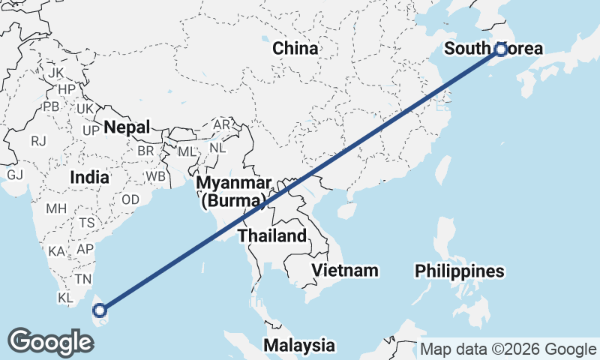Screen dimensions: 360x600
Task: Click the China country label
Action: click(295, 49)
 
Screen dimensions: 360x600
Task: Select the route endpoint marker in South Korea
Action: click(501, 49)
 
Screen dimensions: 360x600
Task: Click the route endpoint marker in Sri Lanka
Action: click(100, 309)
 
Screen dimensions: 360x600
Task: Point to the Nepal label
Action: click(127, 127)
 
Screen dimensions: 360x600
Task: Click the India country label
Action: click(90, 178)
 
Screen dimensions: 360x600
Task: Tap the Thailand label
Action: click(272, 235)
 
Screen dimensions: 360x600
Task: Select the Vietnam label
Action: click(345, 269)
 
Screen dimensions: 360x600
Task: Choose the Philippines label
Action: click(458, 270)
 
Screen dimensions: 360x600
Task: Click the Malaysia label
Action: click(298, 345)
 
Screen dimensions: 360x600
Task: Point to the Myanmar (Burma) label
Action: click(234, 192)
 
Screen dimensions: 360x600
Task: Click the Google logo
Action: click(49, 342)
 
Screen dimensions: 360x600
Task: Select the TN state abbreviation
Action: click(82, 278)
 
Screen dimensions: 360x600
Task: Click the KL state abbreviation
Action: click(66, 298)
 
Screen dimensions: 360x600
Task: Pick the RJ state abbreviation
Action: click(39, 140)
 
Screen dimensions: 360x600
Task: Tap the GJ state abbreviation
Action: click(15, 175)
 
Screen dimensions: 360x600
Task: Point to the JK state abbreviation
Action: click(55, 73)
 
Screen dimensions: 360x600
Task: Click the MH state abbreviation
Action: click(56, 208)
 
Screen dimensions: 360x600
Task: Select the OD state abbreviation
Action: click(130, 199)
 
